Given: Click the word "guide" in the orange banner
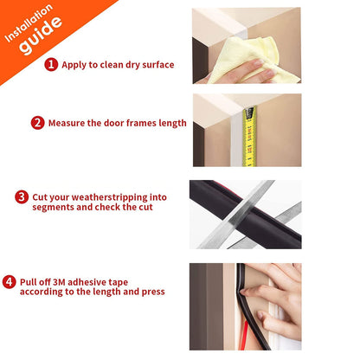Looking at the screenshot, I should (x=41, y=40).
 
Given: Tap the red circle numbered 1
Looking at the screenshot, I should (x=52, y=64).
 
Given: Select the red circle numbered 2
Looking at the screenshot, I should (x=37, y=123).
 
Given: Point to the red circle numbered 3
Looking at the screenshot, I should (x=22, y=197).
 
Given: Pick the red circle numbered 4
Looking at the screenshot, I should (x=9, y=280).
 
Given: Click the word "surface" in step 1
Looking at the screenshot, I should (x=157, y=65).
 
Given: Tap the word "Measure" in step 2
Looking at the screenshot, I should (x=67, y=123).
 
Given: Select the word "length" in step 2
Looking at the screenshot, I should (x=170, y=123).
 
